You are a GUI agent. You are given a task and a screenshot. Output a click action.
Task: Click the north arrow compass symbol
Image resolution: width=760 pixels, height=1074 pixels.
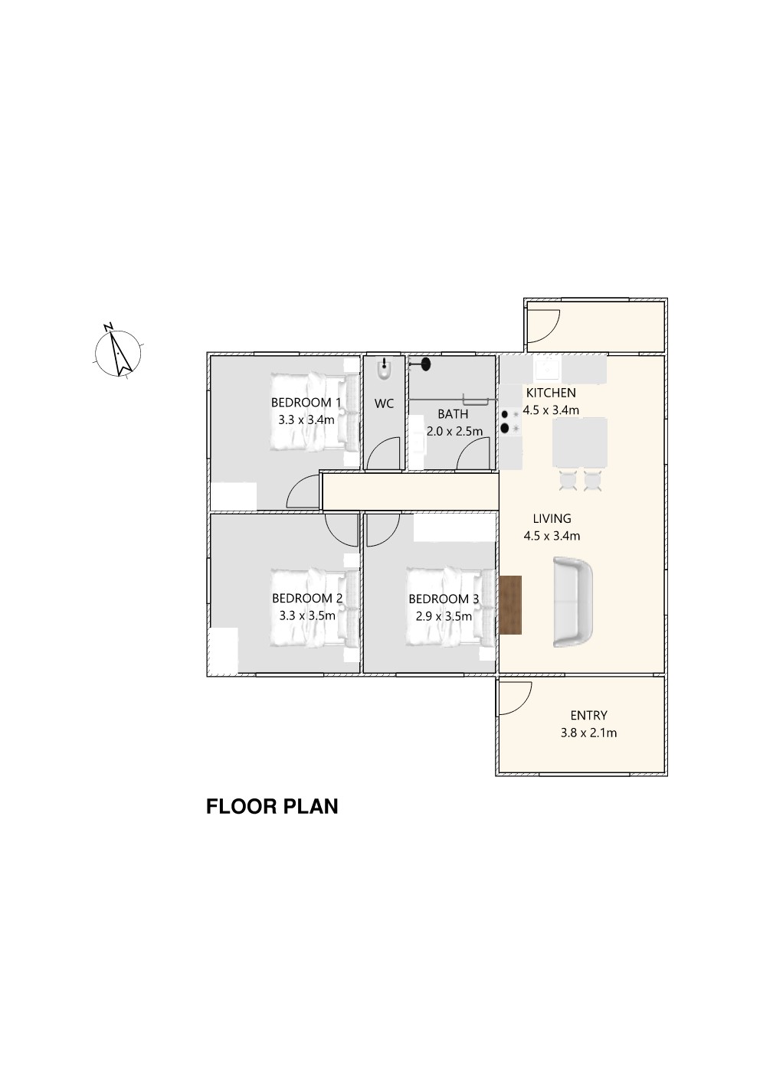(x=117, y=353)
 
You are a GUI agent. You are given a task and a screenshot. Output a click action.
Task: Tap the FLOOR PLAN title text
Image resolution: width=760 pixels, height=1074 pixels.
(x=272, y=807)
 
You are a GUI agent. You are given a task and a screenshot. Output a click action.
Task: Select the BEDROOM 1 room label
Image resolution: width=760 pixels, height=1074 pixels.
(x=306, y=402)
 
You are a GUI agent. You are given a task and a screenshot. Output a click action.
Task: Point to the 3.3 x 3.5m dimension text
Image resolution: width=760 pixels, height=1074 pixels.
(x=307, y=615)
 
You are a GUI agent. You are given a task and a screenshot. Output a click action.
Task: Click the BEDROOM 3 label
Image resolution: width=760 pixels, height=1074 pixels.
(x=444, y=599)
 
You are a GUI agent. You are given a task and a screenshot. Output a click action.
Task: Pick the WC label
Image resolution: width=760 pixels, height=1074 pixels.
(x=384, y=403)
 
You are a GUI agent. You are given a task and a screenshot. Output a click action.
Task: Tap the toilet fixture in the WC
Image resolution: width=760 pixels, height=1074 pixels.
(x=384, y=370)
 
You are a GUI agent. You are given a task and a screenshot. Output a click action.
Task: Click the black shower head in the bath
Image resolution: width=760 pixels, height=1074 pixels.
(x=425, y=364)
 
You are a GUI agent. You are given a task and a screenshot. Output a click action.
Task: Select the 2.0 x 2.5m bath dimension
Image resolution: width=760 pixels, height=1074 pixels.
(x=454, y=431)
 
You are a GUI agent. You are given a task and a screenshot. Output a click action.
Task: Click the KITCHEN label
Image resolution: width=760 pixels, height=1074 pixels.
(x=551, y=393)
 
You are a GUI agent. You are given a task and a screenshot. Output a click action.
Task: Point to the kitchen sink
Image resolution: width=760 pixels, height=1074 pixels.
(x=549, y=368)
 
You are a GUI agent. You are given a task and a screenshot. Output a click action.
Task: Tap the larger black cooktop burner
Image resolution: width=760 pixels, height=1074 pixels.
(x=505, y=428)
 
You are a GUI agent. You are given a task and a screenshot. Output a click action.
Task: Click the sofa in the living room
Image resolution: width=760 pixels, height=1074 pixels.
(x=573, y=602)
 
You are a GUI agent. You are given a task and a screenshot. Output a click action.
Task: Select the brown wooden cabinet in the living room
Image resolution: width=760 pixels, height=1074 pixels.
(x=510, y=605)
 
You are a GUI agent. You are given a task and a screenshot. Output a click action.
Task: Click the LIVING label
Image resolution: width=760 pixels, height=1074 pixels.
(x=552, y=518)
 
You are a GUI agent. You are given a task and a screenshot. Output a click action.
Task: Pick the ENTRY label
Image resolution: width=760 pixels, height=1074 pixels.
(x=588, y=715)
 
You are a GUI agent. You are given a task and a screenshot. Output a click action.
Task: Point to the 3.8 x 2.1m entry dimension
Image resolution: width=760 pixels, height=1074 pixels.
(x=588, y=733)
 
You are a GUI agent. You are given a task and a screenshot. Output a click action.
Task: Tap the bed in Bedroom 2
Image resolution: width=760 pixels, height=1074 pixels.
(x=314, y=608)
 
